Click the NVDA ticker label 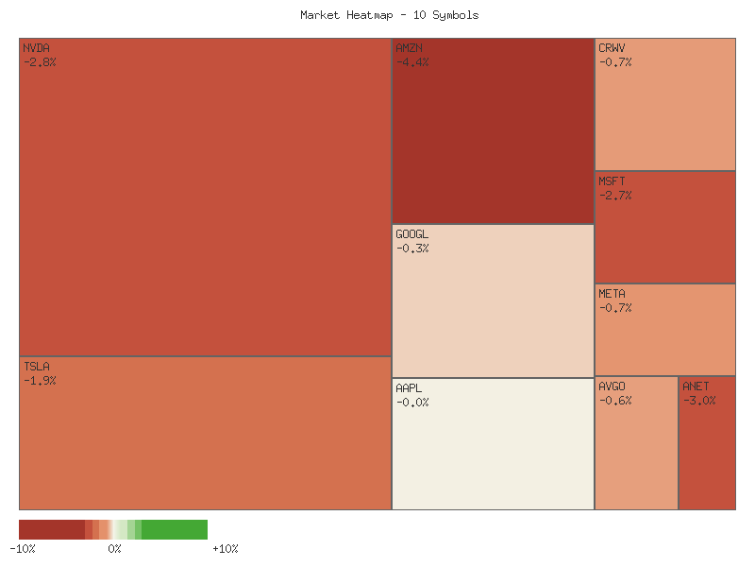coord(36,48)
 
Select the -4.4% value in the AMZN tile coord(412,62)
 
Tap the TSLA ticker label coord(36,367)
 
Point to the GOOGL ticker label coord(411,234)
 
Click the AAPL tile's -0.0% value coord(412,403)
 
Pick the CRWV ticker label coord(612,48)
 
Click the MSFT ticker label coord(612,181)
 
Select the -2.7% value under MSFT coord(615,196)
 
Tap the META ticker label coord(612,294)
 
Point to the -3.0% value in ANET coord(699,401)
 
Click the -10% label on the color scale coord(23,548)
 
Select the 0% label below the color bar coord(114,548)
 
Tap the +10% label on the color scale coord(225,548)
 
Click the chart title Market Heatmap coord(389,15)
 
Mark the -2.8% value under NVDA coord(40,62)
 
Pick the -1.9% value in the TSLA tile coord(40,381)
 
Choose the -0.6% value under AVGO coord(615,401)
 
